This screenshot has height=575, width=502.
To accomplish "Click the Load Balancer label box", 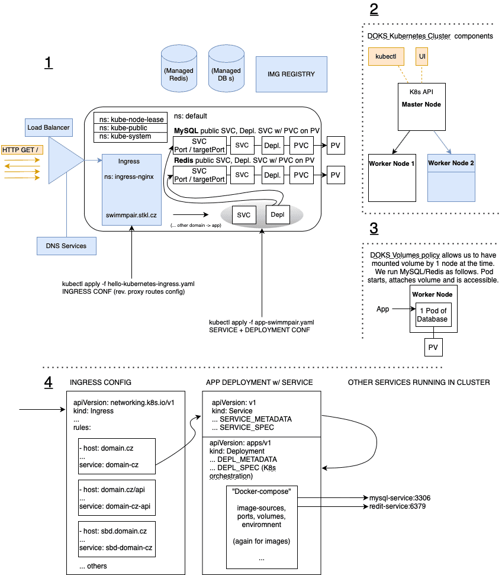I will [x=49, y=127].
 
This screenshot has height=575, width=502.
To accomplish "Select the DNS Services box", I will [x=66, y=246].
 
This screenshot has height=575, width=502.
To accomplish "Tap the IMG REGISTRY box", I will [x=291, y=74].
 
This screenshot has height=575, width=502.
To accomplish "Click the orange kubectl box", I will [x=386, y=56].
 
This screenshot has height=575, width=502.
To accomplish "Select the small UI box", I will [x=422, y=56].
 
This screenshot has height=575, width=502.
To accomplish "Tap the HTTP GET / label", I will [x=21, y=149].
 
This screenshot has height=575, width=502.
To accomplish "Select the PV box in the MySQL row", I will [x=336, y=144].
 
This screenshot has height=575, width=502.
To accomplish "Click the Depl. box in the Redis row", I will [x=272, y=175].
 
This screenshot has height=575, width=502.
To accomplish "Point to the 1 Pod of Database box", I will [x=433, y=315].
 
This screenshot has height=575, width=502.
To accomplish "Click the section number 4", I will [x=48, y=383].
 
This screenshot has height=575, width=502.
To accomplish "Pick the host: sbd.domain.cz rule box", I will [x=117, y=538].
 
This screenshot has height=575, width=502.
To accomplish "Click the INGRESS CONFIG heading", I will [x=100, y=382].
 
